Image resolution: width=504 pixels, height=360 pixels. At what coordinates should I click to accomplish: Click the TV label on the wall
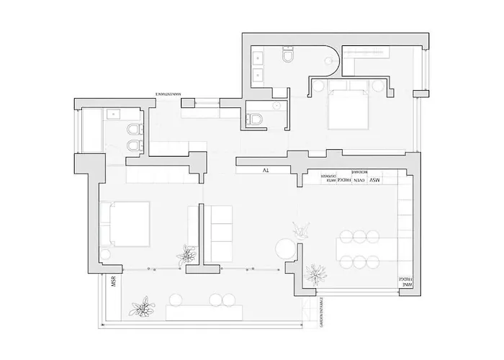(x=266, y=171)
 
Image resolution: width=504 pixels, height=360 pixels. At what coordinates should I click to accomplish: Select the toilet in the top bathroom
(x=288, y=56)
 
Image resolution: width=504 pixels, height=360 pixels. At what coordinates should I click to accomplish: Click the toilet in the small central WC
(x=252, y=121)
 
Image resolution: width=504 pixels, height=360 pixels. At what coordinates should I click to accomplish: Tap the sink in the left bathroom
(x=113, y=114)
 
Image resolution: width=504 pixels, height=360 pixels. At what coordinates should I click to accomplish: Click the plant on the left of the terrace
(x=140, y=306)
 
